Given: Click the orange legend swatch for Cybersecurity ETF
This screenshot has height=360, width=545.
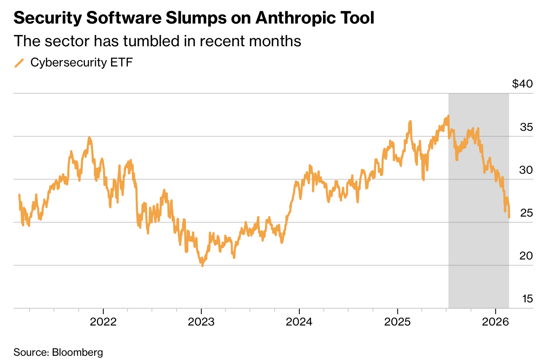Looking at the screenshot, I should click(x=19, y=63).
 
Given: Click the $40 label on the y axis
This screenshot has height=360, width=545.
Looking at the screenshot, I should click(x=522, y=84).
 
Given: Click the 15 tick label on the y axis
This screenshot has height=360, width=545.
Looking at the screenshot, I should click(x=527, y=299).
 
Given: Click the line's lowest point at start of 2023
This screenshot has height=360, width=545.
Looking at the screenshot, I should click(x=202, y=266).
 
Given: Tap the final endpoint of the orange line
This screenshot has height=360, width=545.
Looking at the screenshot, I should click(x=509, y=217).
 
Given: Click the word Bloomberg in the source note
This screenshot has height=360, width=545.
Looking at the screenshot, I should click(x=77, y=352).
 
